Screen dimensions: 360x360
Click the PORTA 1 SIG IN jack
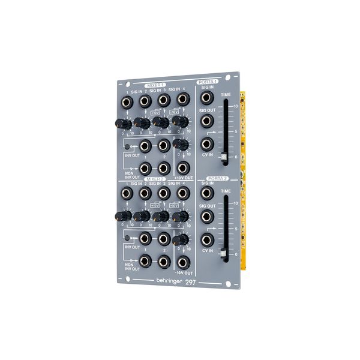(x=206, y=100)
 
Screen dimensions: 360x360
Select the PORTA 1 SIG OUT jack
(x=206, y=122)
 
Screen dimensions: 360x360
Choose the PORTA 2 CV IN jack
(x=206, y=241)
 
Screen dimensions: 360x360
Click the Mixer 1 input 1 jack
(x=127, y=101)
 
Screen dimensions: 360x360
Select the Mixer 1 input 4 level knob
(x=178, y=122)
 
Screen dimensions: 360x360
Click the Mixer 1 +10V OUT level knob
(x=178, y=145)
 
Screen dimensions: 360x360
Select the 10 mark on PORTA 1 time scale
(x=236, y=106)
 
